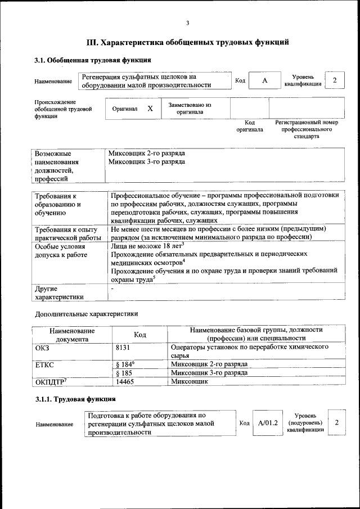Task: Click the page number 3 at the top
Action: pos(187,22)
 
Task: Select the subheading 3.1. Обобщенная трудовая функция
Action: pos(92,60)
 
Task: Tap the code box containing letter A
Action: pos(264,80)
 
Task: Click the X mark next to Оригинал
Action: pos(150,108)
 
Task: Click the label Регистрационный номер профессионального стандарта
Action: pos(306,129)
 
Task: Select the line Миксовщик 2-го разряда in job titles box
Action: pos(146,153)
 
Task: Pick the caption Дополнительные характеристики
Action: pos(86,313)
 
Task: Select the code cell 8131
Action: pos(123,348)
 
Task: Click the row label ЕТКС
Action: pos(44,364)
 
